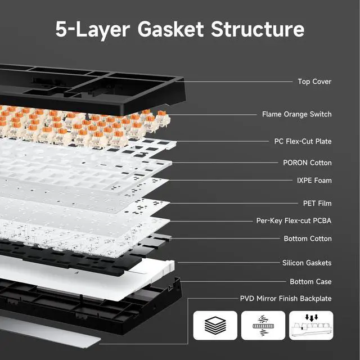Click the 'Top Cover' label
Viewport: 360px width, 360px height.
(314, 82)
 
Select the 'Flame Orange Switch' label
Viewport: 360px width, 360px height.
(296, 114)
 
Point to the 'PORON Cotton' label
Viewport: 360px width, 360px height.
(307, 163)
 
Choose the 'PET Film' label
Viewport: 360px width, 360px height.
(317, 202)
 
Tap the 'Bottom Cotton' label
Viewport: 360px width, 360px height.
(308, 238)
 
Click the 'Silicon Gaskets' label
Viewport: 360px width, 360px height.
(307, 263)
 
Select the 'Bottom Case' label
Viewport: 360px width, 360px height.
(310, 281)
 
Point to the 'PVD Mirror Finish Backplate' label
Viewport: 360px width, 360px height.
(286, 299)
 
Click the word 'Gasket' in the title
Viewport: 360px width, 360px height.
(169, 29)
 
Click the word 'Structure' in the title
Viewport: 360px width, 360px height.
(258, 29)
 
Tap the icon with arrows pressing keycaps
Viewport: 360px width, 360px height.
(310, 326)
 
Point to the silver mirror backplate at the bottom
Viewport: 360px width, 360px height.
(51, 335)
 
